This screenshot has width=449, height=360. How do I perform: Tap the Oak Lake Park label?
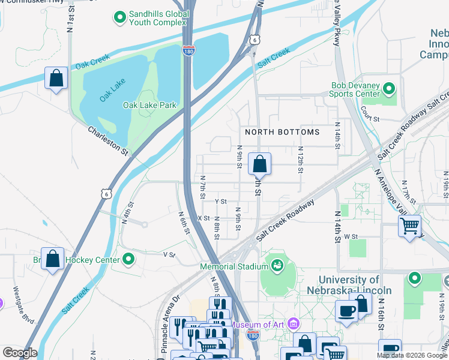[x=149, y=105]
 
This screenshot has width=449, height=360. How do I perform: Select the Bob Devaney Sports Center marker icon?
[x=390, y=90]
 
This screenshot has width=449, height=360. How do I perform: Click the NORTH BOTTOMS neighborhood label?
[x=282, y=131]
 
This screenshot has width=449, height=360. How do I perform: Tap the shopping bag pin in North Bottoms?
[x=259, y=163]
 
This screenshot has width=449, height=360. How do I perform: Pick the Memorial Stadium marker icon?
[x=277, y=264]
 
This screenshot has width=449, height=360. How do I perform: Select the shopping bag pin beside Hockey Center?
[x=53, y=259]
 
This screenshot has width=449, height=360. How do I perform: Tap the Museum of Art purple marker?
[x=293, y=325]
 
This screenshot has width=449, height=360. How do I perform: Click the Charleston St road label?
[x=108, y=140]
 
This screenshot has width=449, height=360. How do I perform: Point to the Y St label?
[x=220, y=202]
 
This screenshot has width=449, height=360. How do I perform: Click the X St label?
[x=203, y=218]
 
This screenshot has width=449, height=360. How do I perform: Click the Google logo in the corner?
[x=20, y=353]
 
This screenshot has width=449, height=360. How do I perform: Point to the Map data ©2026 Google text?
[x=412, y=355]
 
